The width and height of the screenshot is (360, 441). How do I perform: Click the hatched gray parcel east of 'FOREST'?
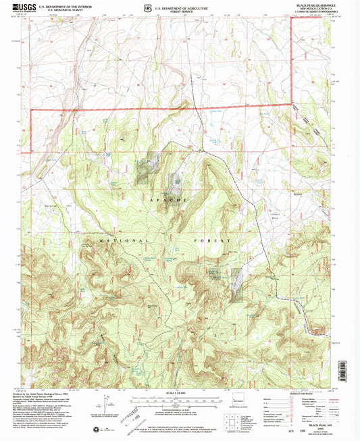(236, 284)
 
